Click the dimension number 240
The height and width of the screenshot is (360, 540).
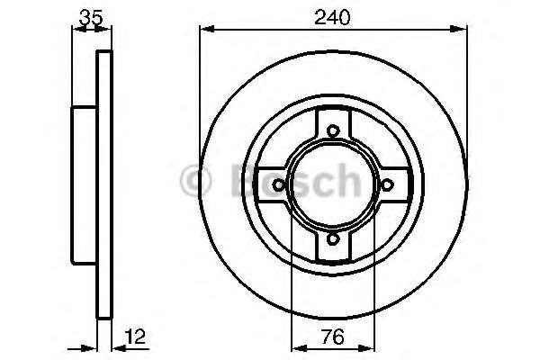click(332, 17)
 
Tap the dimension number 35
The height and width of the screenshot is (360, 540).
click(91, 17)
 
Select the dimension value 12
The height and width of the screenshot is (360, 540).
click(135, 337)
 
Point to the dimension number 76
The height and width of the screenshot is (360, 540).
click(333, 337)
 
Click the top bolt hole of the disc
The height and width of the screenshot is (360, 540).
click(333, 130)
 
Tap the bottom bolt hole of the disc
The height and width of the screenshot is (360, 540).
click(333, 238)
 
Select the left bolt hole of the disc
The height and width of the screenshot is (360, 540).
click(279, 185)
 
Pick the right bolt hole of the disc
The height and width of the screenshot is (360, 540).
click(387, 185)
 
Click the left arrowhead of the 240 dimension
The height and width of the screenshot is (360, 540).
click(207, 30)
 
